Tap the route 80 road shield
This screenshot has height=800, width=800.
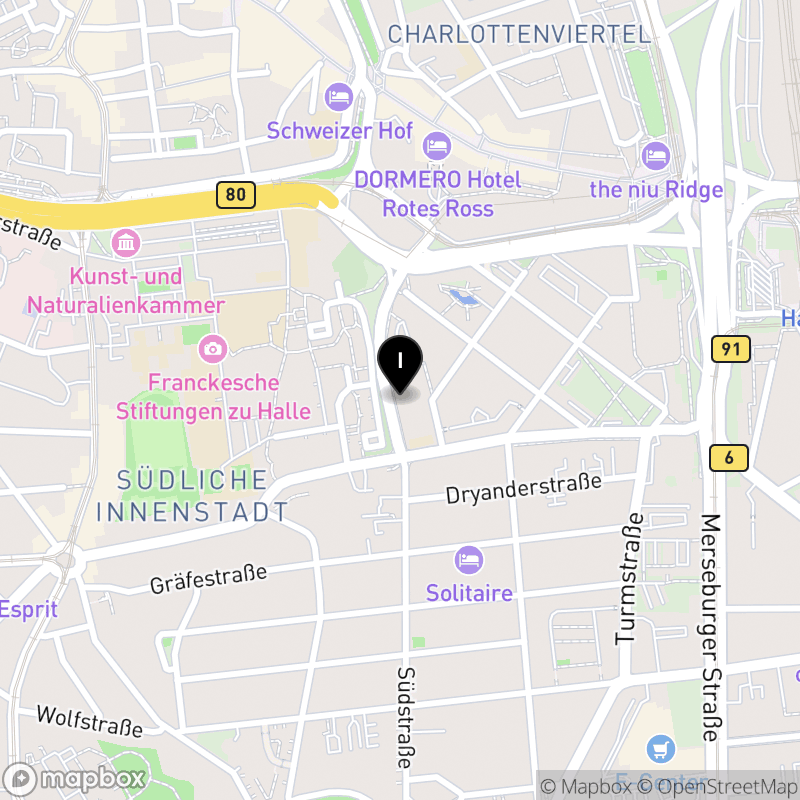pyautogui.click(x=235, y=194)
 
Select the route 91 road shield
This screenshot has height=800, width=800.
pyautogui.click(x=731, y=349)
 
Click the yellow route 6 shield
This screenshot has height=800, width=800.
pyautogui.click(x=730, y=458)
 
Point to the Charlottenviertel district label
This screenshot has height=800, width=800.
pyautogui.click(x=519, y=34)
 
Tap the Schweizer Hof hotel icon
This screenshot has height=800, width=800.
pyautogui.click(x=339, y=98)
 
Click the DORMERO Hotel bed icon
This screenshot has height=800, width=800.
pyautogui.click(x=437, y=146)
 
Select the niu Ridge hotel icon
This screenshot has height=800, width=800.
pyautogui.click(x=656, y=155)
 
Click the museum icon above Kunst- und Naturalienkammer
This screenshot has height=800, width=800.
pyautogui.click(x=127, y=243)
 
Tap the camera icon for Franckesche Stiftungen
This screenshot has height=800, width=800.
pyautogui.click(x=212, y=349)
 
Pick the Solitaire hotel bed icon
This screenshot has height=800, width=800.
pyautogui.click(x=469, y=559)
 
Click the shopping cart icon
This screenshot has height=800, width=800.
pyautogui.click(x=660, y=747)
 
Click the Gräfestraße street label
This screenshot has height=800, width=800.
pyautogui.click(x=209, y=578)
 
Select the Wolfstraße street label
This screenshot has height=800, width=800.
pyautogui.click(x=89, y=722)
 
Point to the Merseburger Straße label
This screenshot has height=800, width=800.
pyautogui.click(x=711, y=627)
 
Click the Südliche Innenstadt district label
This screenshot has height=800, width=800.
pyautogui.click(x=192, y=495)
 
